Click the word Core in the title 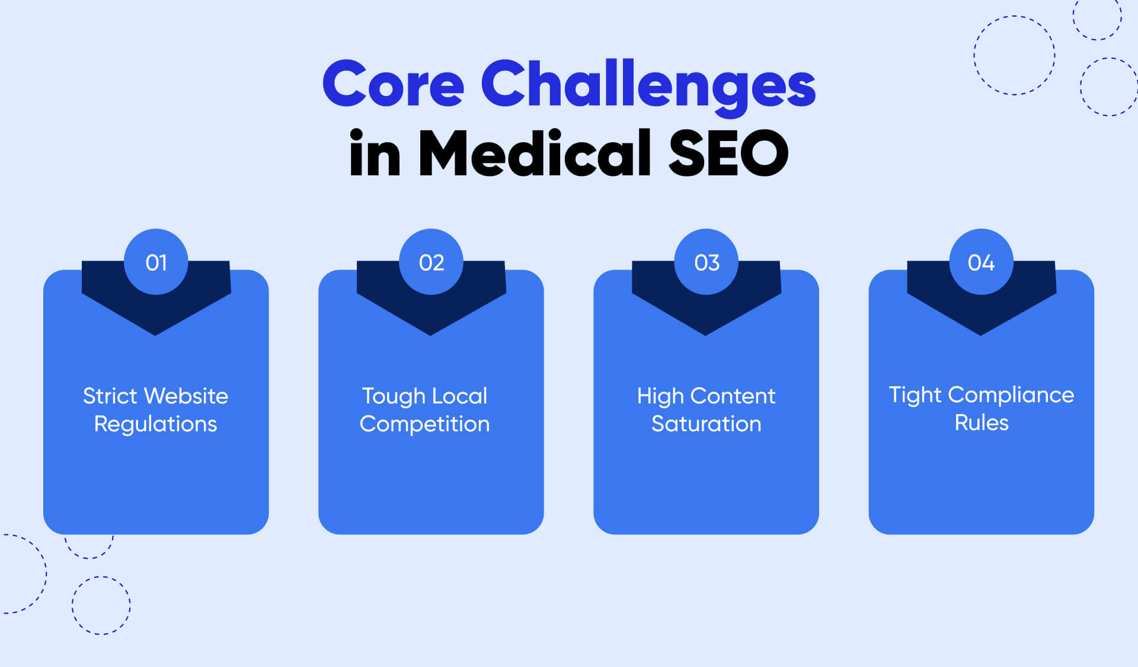click(393, 84)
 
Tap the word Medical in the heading click(535, 153)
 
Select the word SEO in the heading click(728, 153)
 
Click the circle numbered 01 click(156, 262)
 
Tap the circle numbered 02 click(431, 262)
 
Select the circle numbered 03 click(706, 262)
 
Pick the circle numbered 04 click(981, 262)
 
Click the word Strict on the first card click(110, 396)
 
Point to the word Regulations click(155, 424)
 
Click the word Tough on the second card click(394, 396)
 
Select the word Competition click(424, 424)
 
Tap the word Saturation click(706, 424)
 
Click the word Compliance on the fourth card click(1011, 395)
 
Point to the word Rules click(981, 423)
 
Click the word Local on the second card click(460, 396)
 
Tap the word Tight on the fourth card click(915, 395)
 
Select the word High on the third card click(660, 396)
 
